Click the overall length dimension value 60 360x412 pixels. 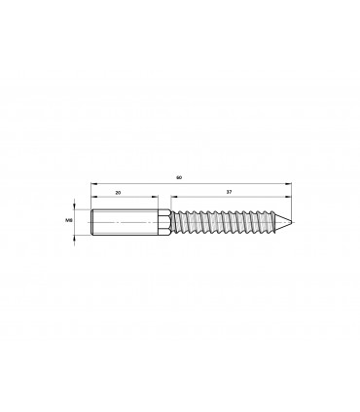point(179,177)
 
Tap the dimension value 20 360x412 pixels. point(118,193)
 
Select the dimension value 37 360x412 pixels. point(228,193)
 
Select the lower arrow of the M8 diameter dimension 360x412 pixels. point(76,238)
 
